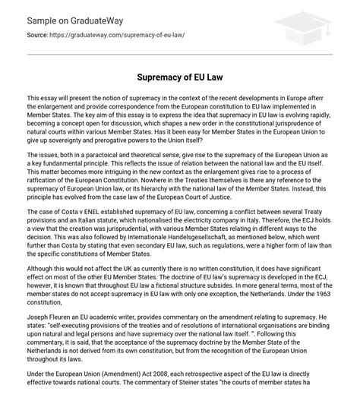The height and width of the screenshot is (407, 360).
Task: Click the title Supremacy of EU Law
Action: point(180,77)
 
